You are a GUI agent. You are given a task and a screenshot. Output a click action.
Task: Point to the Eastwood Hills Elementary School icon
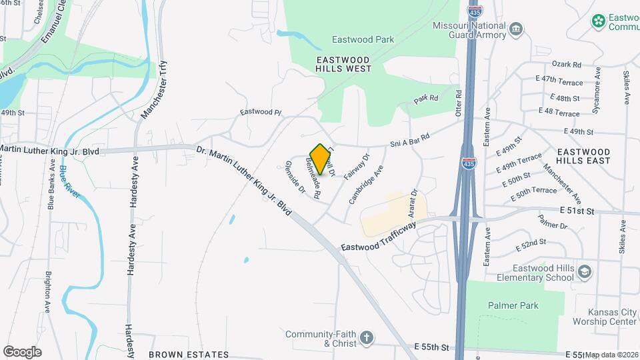[x=584, y=272]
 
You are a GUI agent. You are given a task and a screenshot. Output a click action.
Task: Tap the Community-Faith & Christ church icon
[x=365, y=339]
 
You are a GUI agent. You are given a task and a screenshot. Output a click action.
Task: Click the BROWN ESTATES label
[x=189, y=355]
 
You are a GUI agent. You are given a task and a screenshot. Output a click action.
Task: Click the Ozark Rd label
[x=567, y=65]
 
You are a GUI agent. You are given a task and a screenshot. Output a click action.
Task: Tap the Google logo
[x=23, y=351]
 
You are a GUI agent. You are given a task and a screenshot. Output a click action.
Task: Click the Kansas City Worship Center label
[x=612, y=317]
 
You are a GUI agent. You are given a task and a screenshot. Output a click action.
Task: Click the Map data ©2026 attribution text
[x=611, y=355]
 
